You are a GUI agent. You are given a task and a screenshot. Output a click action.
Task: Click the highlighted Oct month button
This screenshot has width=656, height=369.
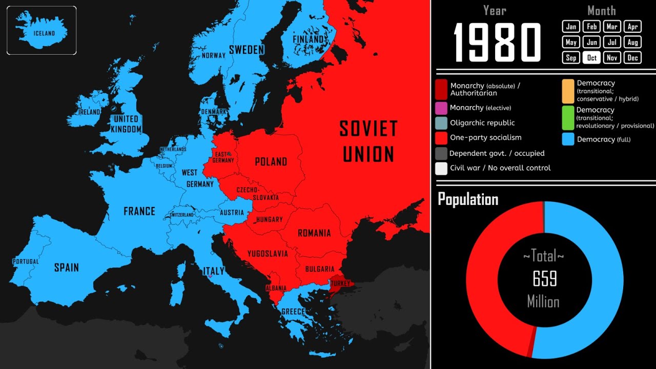click(592, 57)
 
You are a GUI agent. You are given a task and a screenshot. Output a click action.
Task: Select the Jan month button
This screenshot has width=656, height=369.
click(571, 27)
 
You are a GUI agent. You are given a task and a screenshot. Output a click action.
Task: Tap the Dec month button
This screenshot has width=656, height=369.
click(633, 57)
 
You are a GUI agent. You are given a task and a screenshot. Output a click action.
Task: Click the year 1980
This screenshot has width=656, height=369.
click(497, 43)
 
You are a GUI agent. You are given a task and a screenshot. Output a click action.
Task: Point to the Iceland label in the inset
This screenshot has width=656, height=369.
click(44, 33)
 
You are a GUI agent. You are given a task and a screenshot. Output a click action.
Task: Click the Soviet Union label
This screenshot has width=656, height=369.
click(368, 141)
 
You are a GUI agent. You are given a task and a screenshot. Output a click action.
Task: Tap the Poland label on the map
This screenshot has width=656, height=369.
click(271, 162)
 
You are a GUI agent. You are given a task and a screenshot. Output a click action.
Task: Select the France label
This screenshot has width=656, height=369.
click(139, 211)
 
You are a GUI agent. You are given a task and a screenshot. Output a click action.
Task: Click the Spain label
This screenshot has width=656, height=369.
click(67, 267)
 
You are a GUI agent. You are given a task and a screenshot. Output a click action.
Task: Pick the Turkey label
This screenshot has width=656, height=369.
click(340, 283)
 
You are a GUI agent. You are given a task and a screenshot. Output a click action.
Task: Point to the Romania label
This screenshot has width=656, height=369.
click(314, 233)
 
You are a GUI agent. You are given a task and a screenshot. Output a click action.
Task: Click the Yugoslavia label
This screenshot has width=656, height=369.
click(268, 254)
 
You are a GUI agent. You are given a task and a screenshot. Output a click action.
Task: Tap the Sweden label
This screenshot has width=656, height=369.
click(247, 50)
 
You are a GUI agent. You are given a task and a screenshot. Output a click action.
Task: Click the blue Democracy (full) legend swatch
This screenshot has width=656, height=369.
click(568, 139)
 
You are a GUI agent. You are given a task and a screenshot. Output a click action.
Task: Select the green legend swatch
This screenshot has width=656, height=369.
click(568, 117)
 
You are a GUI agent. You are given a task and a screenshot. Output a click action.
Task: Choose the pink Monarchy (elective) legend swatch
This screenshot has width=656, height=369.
click(441, 108)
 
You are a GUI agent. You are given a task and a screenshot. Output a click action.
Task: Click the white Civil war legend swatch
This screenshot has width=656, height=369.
click(441, 168)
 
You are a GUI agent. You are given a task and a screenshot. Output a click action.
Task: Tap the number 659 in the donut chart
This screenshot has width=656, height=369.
click(544, 279)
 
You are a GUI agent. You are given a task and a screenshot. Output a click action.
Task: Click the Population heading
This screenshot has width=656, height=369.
click(468, 199)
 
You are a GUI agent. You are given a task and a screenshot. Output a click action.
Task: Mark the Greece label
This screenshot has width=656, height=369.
click(293, 312)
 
